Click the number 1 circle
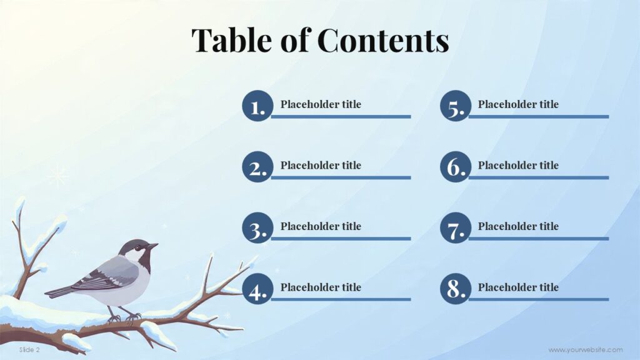click(x=257, y=106)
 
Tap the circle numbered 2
click(x=257, y=167)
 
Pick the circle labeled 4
click(x=257, y=289)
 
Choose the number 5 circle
click(x=455, y=106)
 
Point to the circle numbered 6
click(x=455, y=167)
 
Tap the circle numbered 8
click(x=455, y=289)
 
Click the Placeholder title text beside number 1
click(x=321, y=104)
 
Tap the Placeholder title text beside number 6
click(x=518, y=166)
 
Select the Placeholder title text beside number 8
click(x=518, y=287)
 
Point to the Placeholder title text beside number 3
click(x=321, y=226)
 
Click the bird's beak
click(x=153, y=246)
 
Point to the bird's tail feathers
click(x=59, y=291)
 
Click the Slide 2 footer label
click(x=29, y=350)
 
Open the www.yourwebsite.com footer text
click(x=586, y=350)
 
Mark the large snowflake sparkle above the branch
click(x=58, y=176)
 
